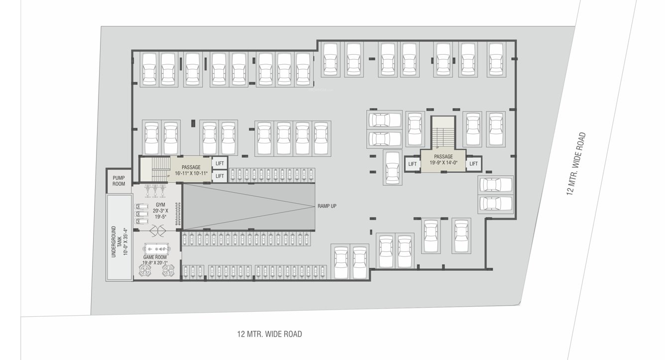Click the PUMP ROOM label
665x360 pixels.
(118, 180)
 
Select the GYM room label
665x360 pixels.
(160, 205)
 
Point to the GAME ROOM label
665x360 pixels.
(155, 257)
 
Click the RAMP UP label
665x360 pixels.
(327, 206)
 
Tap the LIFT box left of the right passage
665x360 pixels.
(412, 164)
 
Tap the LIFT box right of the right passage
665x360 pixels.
(473, 164)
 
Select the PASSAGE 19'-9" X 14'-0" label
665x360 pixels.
(443, 159)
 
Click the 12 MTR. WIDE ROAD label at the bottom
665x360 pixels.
(269, 334)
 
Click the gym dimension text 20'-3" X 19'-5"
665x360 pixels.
(161, 214)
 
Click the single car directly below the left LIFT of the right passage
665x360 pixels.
(392, 168)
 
